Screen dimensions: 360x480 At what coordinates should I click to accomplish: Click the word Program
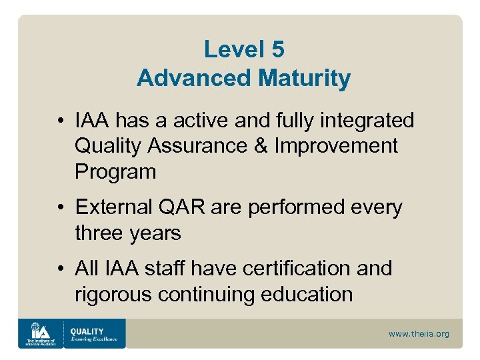(115, 172)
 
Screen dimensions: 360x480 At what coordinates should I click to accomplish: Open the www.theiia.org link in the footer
(419, 333)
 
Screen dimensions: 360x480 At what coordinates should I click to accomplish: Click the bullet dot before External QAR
(61, 208)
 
